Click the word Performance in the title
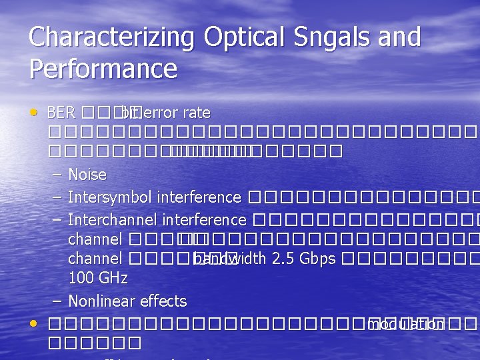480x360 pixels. click(x=103, y=69)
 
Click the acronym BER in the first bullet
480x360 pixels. click(x=61, y=113)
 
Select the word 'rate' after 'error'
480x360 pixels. click(x=196, y=113)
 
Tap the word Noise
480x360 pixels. click(x=87, y=175)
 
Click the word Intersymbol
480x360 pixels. click(x=110, y=197)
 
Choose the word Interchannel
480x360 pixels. click(x=113, y=220)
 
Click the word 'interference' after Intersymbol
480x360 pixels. click(x=199, y=197)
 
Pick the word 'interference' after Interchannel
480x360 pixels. click(x=205, y=220)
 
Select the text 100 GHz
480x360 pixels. click(x=97, y=277)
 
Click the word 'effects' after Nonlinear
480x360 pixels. click(x=163, y=301)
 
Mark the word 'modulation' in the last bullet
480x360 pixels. click(x=406, y=325)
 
